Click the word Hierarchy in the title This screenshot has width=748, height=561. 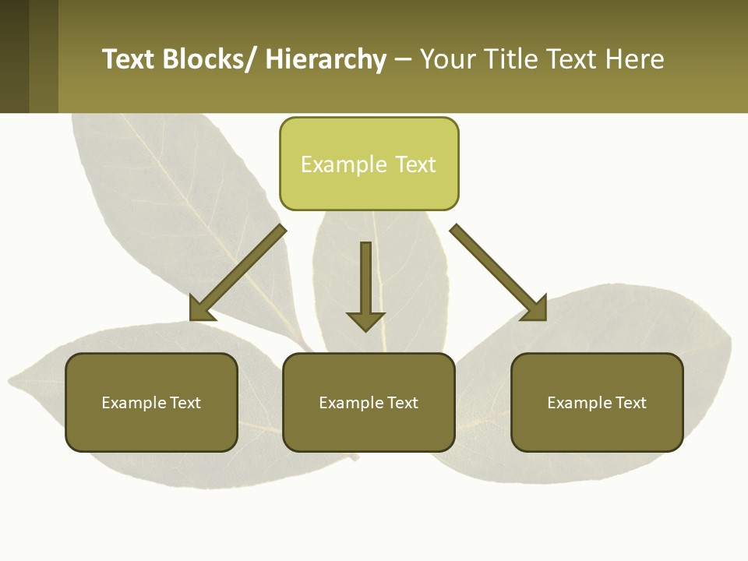(x=326, y=59)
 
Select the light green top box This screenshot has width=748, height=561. (x=369, y=164)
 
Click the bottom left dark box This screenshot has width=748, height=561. (x=151, y=402)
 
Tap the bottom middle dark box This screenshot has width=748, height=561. (x=369, y=402)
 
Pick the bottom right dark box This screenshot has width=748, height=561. (x=597, y=402)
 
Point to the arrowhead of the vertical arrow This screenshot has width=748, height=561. (x=365, y=320)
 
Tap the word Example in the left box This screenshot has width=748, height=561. (x=133, y=403)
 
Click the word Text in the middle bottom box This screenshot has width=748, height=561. (x=402, y=403)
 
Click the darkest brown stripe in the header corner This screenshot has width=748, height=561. (x=14, y=56)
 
